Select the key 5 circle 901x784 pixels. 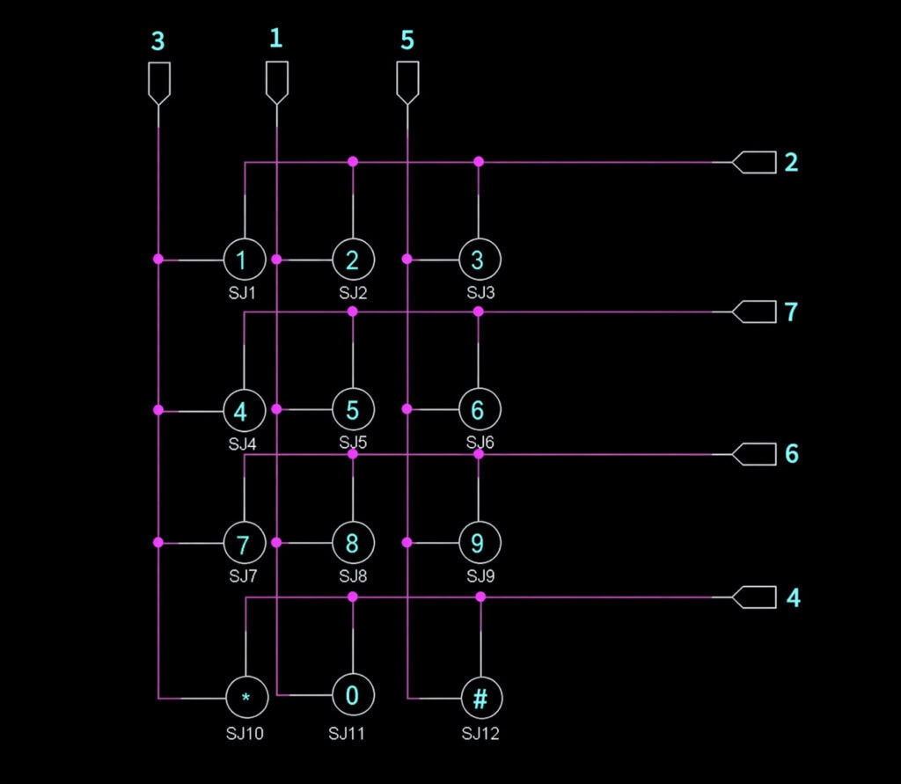tap(353, 409)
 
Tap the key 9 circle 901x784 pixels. tap(479, 543)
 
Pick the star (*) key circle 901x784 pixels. tap(245, 698)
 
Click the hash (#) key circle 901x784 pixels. tap(480, 698)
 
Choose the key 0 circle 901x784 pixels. tap(353, 695)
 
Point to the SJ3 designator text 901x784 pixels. tap(480, 292)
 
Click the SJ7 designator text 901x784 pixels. tap(243, 576)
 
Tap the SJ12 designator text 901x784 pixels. tap(480, 732)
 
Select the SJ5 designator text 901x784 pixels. tap(353, 442)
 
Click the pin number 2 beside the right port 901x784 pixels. tap(791, 162)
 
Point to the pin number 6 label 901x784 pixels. tap(791, 454)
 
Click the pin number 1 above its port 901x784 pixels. tap(276, 38)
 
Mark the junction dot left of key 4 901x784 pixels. tap(158, 409)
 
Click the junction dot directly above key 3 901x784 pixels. tap(479, 162)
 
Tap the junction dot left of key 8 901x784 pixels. tap(276, 543)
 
